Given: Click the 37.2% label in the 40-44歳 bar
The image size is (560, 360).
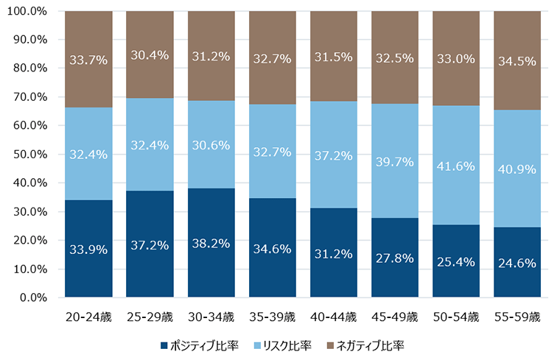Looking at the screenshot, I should click(333, 155).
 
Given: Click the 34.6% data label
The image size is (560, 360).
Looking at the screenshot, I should click(272, 250).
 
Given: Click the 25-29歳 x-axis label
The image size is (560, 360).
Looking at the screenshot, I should click(150, 317).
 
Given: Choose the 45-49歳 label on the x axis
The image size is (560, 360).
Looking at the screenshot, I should click(394, 317).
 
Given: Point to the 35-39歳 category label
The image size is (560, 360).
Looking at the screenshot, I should click(272, 317).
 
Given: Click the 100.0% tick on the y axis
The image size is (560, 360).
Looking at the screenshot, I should click(27, 12).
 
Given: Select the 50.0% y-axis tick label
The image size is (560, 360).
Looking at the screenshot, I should click(30, 155).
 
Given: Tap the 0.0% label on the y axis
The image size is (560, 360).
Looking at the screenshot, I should click(34, 298).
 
